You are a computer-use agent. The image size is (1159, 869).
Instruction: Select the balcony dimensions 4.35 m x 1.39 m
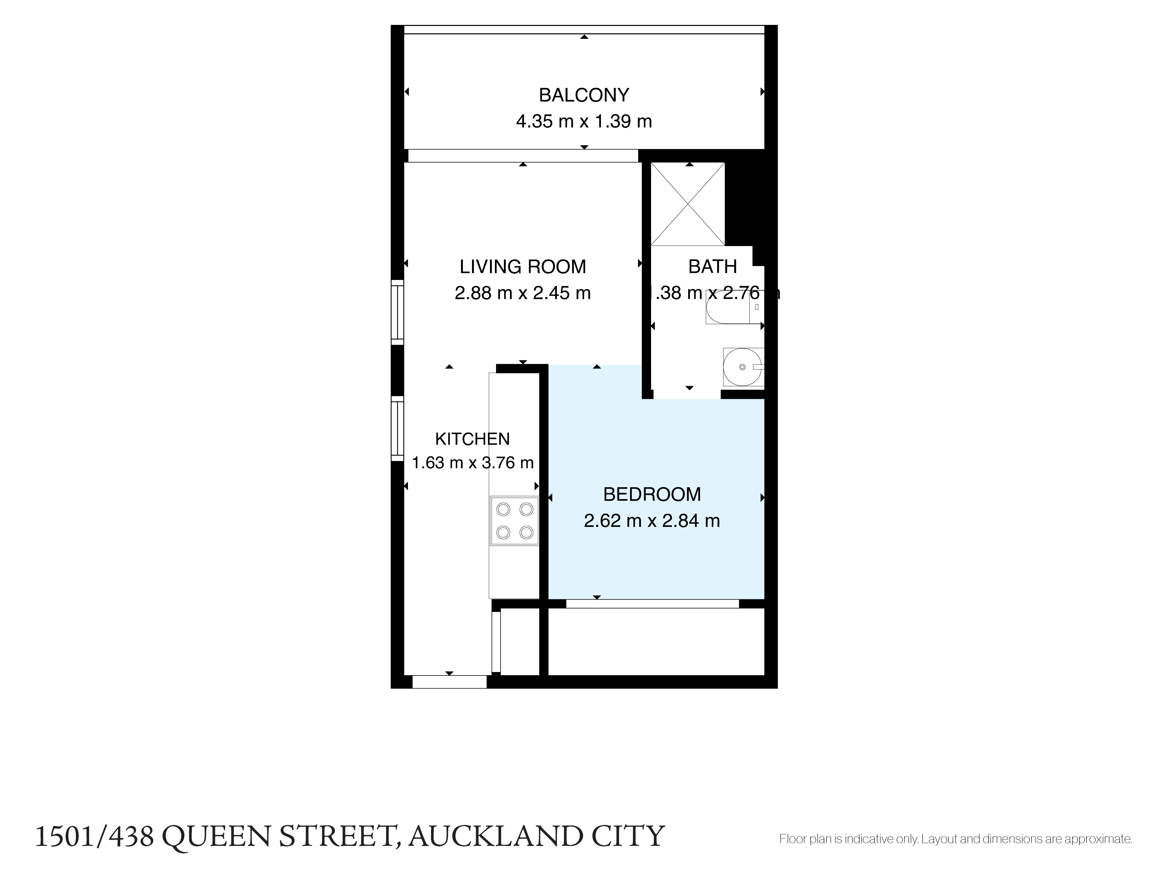(584, 122)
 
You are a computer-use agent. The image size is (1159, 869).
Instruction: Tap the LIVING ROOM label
(522, 266)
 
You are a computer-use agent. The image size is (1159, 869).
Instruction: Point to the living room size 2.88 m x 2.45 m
(522, 293)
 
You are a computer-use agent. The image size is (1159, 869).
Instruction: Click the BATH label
(712, 266)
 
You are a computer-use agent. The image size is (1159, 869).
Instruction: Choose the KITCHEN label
(472, 439)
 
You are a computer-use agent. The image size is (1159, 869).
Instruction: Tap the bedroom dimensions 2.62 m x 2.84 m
(652, 521)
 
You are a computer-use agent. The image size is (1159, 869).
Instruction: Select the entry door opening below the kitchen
(449, 682)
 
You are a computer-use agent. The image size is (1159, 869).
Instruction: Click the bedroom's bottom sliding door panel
(652, 603)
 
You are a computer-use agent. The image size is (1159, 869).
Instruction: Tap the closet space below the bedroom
(656, 642)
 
